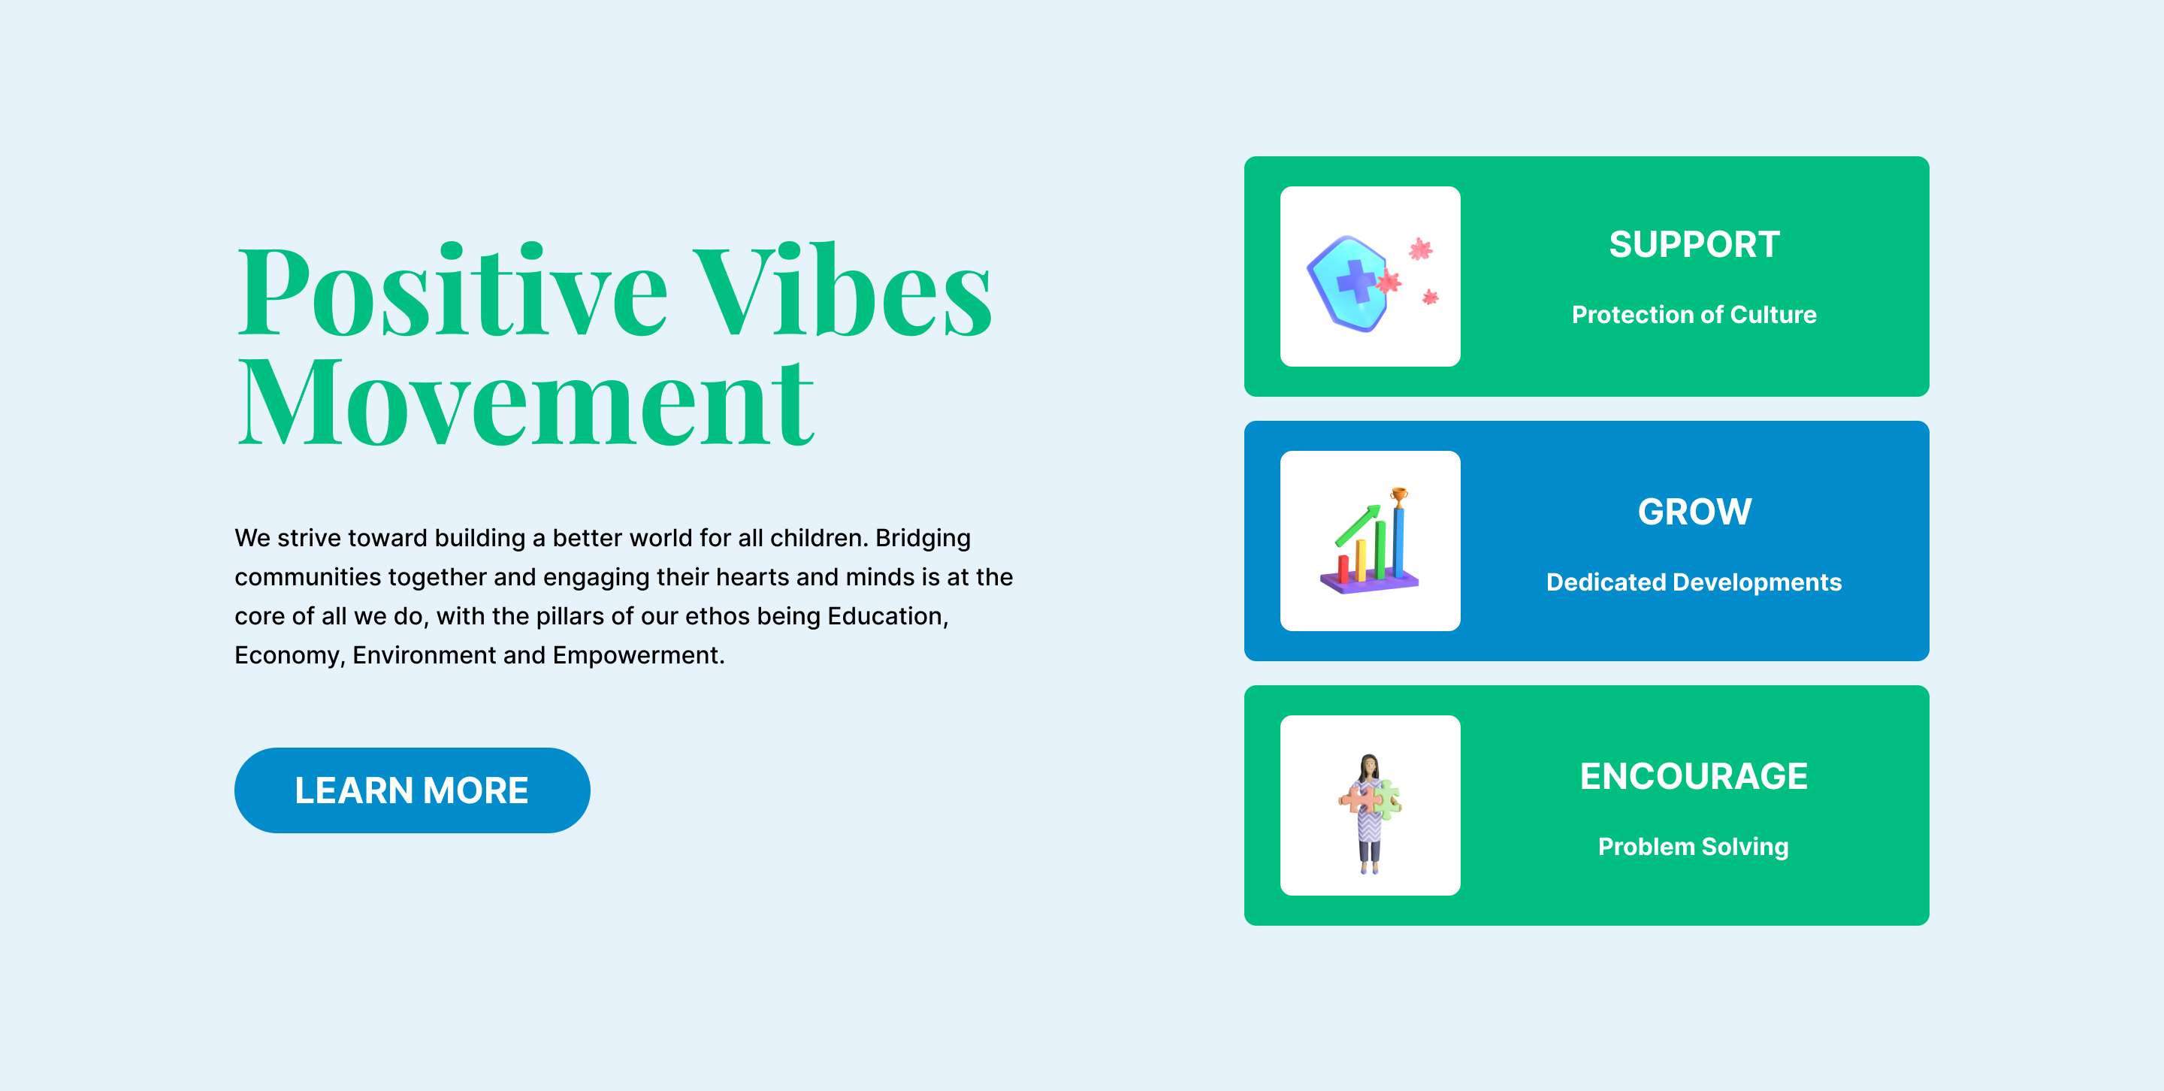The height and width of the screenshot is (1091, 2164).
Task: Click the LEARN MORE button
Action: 412,790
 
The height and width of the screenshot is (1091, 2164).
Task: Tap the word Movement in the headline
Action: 526,403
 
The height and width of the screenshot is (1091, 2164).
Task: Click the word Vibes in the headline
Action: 842,290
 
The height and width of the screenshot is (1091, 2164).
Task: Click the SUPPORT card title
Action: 1694,244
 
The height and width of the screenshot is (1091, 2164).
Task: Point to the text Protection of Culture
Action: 1694,314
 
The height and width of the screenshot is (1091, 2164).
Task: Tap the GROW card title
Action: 1694,512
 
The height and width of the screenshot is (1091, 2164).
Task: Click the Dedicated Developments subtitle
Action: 1694,582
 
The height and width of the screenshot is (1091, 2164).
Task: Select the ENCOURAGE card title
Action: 1694,776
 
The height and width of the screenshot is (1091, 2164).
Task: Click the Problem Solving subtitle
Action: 1694,847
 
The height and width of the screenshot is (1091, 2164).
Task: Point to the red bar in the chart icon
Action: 1343,568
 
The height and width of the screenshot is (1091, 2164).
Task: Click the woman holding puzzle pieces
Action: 1369,814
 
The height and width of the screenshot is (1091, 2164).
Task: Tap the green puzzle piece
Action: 1387,799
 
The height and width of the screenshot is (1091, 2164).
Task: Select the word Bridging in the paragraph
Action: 923,538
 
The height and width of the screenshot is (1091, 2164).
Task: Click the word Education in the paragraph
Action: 888,615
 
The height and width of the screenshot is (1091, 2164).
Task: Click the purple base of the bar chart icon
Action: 1369,582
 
